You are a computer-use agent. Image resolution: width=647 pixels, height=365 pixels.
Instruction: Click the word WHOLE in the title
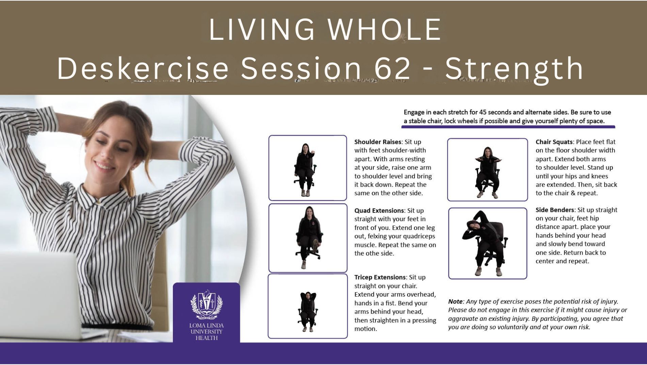384,30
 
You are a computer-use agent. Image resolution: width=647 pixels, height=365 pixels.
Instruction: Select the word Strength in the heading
514,68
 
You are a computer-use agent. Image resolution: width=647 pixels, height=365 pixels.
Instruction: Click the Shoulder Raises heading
378,142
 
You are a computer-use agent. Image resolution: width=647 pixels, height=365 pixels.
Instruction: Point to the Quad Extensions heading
379,211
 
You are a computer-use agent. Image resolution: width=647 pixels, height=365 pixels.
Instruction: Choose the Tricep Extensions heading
380,277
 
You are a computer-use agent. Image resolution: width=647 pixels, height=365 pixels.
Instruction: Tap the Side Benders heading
555,210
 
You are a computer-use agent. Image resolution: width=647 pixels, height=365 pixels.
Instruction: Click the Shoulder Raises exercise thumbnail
308,168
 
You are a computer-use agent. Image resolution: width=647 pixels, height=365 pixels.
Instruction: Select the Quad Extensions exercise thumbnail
308,238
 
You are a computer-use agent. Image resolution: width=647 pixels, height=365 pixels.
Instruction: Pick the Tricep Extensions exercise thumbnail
308,306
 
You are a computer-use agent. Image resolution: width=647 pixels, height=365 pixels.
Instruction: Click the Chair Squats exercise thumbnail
487,170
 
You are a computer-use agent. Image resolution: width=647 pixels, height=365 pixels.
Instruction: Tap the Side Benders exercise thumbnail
487,243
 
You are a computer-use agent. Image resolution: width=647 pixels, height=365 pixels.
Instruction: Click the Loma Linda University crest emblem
206,304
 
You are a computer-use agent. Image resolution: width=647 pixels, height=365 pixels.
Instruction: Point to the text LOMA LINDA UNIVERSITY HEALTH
206,332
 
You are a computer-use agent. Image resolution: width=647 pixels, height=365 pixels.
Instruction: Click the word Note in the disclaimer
455,301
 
